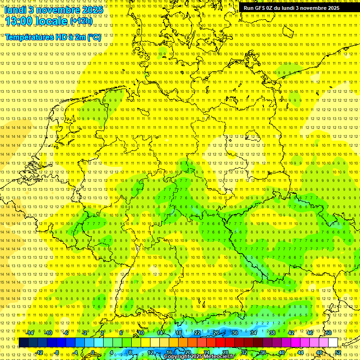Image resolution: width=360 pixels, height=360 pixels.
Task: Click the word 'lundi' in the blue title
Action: (x=16, y=10)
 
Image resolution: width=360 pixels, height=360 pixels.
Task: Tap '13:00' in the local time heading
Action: (x=19, y=21)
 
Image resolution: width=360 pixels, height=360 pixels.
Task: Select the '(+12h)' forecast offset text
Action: (x=81, y=21)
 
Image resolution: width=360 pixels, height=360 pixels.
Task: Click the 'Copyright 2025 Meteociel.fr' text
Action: (x=199, y=357)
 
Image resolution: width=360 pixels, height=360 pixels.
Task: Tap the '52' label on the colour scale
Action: (x=338, y=352)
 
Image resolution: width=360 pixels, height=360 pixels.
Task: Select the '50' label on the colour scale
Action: (x=329, y=333)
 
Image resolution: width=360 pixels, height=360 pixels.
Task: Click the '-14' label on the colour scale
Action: (x=30, y=333)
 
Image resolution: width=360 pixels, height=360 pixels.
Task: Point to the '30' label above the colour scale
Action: (x=235, y=333)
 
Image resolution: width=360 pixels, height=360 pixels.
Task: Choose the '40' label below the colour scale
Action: (x=282, y=352)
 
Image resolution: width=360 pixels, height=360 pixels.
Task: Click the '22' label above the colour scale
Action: (x=197, y=333)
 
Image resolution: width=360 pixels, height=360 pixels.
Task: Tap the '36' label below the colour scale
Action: (x=263, y=352)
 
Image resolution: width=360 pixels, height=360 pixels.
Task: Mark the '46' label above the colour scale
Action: (x=310, y=333)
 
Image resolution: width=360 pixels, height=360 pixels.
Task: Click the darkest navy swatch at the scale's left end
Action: (x=23, y=343)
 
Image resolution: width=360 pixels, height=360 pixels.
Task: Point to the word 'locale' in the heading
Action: (x=52, y=21)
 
